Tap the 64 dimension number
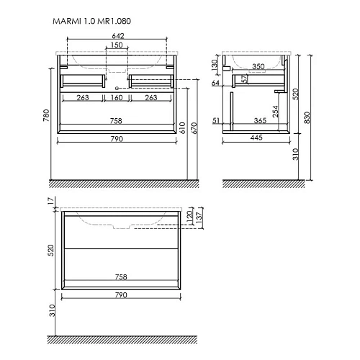(215, 83)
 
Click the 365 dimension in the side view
(261, 120)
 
